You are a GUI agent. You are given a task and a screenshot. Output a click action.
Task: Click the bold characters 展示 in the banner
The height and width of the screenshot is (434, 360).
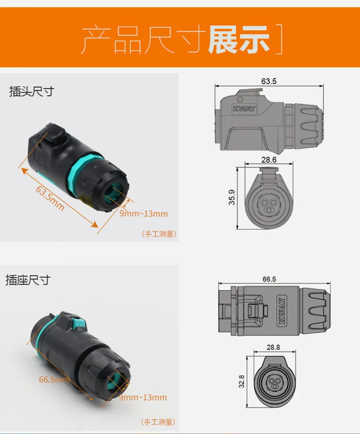239,39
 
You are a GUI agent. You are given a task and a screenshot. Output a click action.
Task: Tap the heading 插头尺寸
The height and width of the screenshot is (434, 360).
32,91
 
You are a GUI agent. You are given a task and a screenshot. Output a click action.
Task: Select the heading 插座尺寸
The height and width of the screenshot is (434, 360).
28,280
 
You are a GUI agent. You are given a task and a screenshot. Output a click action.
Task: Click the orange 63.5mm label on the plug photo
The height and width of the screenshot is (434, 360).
50,198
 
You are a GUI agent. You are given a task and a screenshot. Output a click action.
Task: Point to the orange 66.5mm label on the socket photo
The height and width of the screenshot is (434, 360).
54,379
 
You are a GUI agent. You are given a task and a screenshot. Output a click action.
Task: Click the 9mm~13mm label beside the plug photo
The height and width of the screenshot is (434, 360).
144,214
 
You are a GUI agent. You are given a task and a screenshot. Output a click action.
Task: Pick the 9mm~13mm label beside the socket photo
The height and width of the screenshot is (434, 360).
143,398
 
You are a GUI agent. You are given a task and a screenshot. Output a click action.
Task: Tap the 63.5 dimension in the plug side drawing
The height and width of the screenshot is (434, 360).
269,81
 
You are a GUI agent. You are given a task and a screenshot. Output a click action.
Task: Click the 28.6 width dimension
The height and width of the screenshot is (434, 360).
269,160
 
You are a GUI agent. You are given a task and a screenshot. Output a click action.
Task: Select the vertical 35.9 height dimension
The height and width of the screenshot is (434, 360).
232,197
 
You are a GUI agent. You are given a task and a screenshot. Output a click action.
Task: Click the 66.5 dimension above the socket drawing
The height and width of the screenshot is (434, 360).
269,279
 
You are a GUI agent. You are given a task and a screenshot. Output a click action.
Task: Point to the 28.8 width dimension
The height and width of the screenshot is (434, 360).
273,347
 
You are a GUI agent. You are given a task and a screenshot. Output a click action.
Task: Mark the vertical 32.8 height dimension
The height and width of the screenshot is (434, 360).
242,381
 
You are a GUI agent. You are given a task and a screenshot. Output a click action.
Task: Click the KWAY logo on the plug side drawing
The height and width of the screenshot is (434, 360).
244,108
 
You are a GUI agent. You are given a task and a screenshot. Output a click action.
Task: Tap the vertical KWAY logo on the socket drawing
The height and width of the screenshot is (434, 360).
281,311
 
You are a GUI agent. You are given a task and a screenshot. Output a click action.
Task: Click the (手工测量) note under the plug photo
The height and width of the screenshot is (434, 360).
159,234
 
